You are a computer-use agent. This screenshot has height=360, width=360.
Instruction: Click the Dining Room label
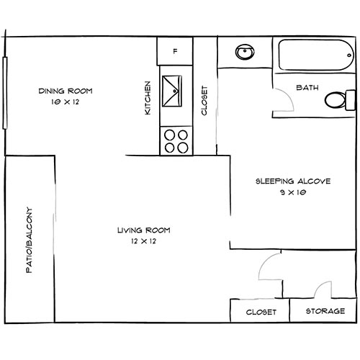pyautogui.click(x=66, y=91)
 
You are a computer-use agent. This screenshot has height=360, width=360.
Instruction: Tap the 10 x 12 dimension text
pyautogui.click(x=65, y=102)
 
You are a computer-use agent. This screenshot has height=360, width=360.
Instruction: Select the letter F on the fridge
pyautogui.click(x=176, y=51)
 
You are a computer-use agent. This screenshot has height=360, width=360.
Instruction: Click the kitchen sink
pyautogui.click(x=172, y=91)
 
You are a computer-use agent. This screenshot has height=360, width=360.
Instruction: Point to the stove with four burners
pyautogui.click(x=176, y=141)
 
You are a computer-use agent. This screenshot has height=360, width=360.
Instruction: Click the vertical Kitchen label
pyautogui.click(x=148, y=98)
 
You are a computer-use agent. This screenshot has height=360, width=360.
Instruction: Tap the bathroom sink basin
pyautogui.click(x=245, y=52)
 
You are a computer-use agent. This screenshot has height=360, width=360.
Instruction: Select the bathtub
pyautogui.click(x=316, y=55)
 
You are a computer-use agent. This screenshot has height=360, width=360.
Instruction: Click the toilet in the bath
pyautogui.click(x=340, y=100)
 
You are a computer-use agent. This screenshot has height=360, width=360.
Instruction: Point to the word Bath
pyautogui.click(x=307, y=88)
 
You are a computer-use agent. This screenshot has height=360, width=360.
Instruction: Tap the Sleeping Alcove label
pyautogui.click(x=293, y=181)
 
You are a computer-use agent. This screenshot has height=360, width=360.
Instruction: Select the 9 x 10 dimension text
pyautogui.click(x=293, y=192)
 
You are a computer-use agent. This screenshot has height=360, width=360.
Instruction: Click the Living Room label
pyautogui.click(x=144, y=230)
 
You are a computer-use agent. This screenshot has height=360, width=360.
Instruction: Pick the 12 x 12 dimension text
pyautogui.click(x=143, y=241)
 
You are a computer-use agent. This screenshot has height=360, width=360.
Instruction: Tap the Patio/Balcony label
pyautogui.click(x=29, y=240)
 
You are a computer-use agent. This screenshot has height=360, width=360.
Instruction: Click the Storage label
pyautogui.click(x=325, y=311)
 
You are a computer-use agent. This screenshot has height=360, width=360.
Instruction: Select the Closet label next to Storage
pyautogui.click(x=261, y=312)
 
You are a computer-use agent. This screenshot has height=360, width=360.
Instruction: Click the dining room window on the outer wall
pyautogui.click(x=5, y=93)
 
